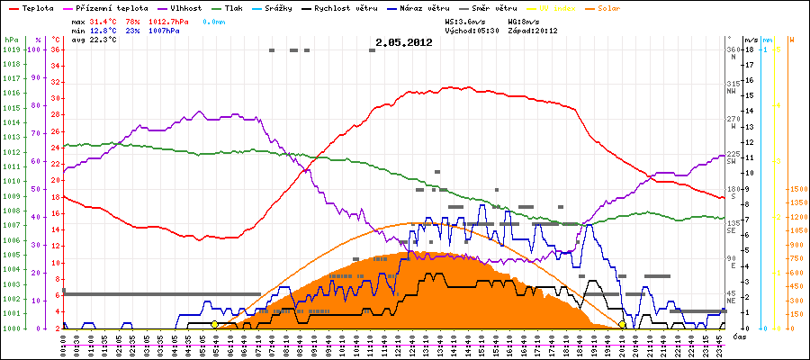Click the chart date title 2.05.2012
(x=404, y=42)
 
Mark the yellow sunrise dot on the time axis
(x=214, y=324)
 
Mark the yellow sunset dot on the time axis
(x=622, y=324)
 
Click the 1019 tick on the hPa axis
(x=11, y=50)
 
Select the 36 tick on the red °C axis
(x=56, y=50)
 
